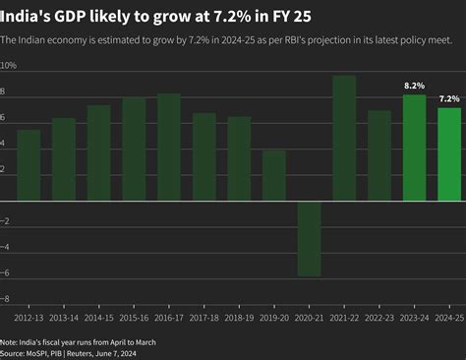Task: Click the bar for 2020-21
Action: click(309, 238)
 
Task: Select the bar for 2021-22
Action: click(344, 138)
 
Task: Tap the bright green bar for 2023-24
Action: click(414, 148)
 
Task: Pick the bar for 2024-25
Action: click(449, 153)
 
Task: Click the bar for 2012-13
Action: click(29, 165)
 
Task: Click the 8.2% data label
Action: click(414, 87)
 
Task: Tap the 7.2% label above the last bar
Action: click(449, 99)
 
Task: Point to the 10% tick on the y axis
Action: click(9, 65)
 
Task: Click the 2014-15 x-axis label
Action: click(98, 319)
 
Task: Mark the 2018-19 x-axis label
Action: click(239, 319)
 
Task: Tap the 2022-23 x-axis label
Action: click(379, 319)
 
